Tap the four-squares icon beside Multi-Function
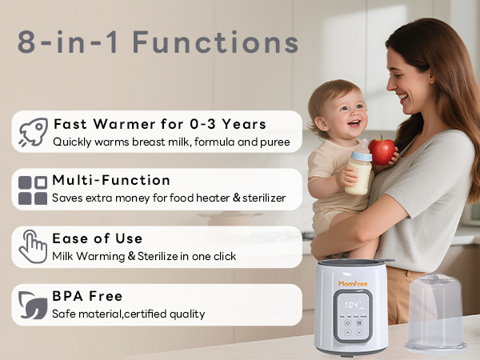click(x=33, y=189)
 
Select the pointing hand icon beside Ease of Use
click(x=33, y=246)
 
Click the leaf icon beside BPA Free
click(x=33, y=304)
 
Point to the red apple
click(x=382, y=151)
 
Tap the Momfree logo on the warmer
click(x=352, y=283)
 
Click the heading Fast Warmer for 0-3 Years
click(x=159, y=125)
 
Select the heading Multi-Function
click(x=111, y=181)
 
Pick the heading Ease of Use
click(x=98, y=238)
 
